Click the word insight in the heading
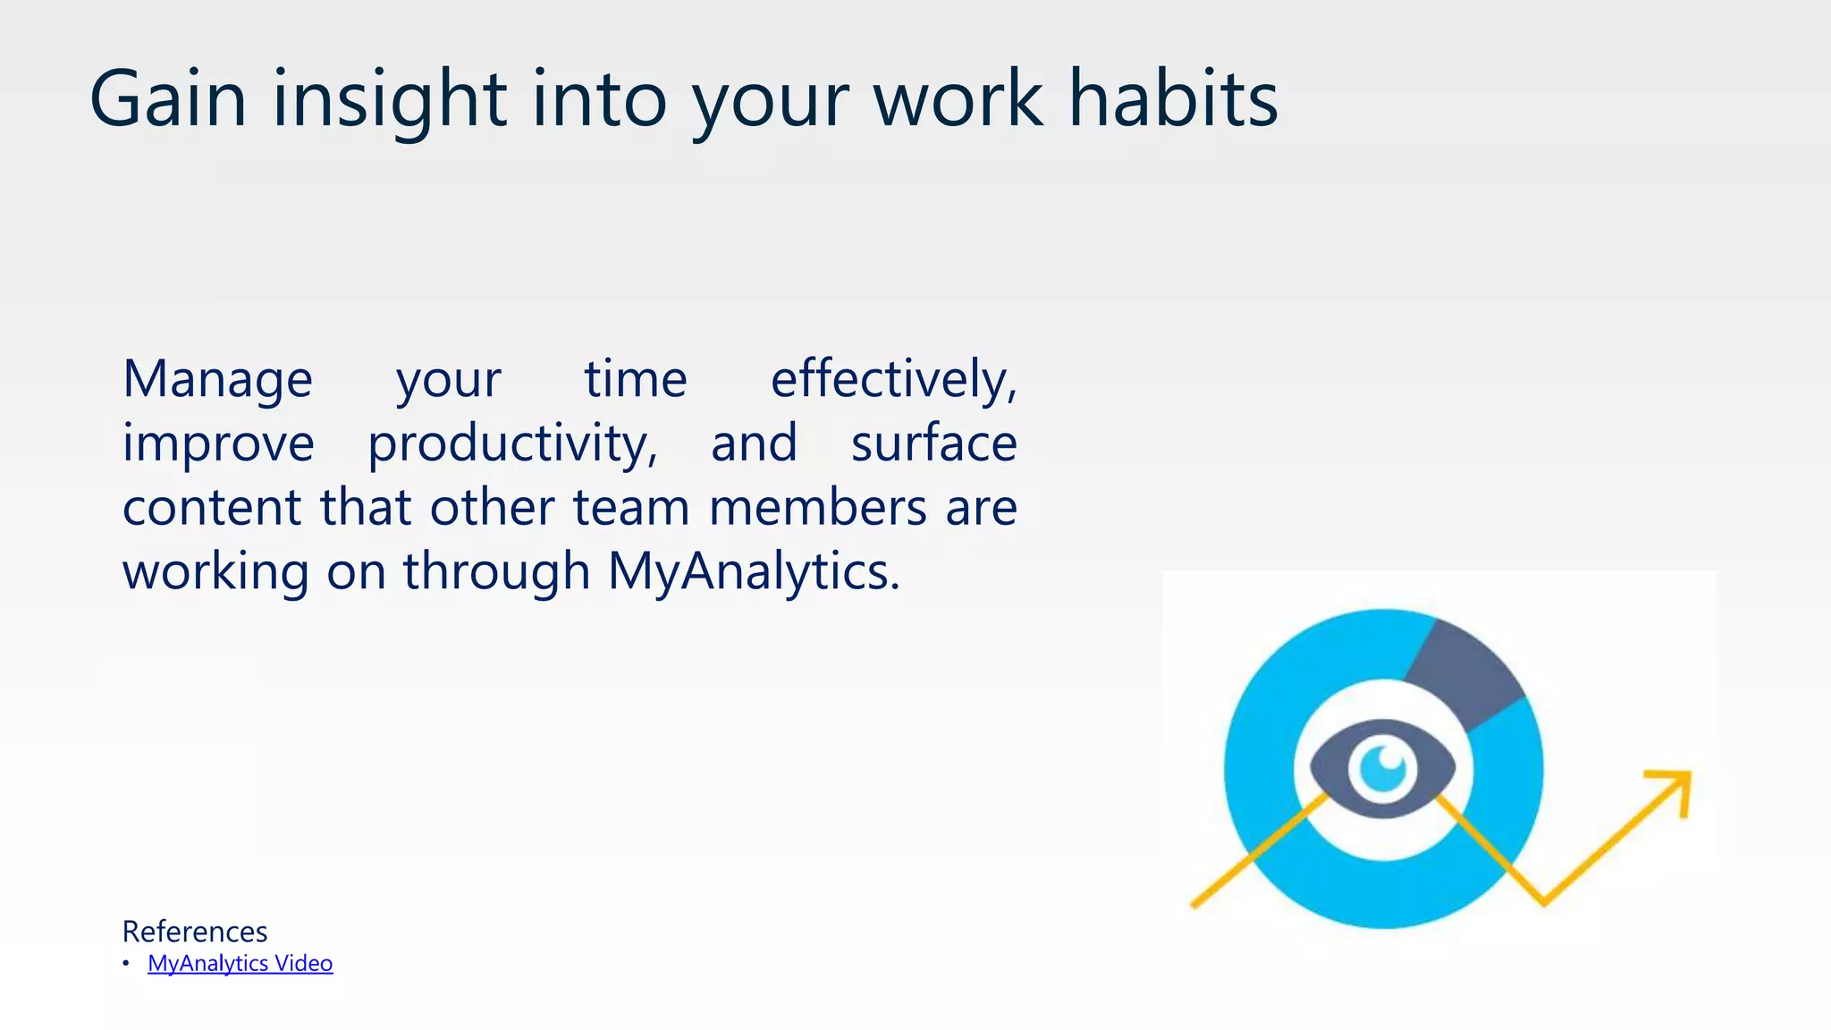390,100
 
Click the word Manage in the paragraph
217,380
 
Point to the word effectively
893,380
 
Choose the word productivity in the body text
512,444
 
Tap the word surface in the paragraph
933,443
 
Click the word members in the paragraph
818,508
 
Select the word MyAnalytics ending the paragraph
753,572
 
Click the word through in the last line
496,572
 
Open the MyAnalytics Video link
240,964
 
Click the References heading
195,932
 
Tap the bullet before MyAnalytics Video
126,963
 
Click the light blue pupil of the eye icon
1382,768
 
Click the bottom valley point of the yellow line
1543,901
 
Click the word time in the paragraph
636,380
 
